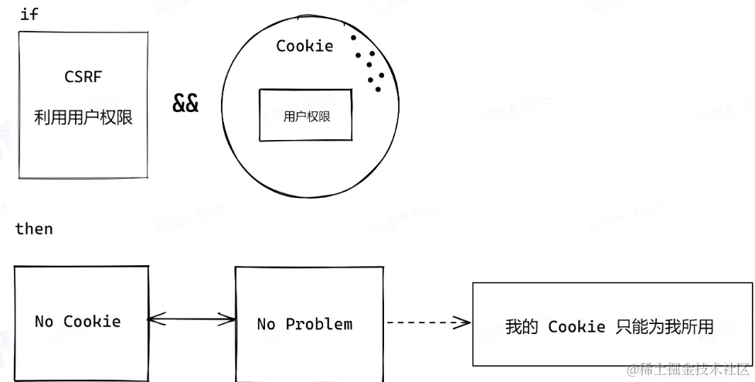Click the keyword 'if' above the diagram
coord(29,15)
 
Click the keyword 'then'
coord(34,229)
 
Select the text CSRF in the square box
coord(82,77)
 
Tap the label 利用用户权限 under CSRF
coord(83,118)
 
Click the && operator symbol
coord(185,104)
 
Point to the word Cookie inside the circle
coord(304,46)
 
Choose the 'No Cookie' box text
coord(77,321)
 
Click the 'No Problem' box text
coord(304,324)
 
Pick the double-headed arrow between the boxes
coord(192,318)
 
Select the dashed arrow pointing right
coord(427,322)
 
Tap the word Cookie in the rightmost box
coord(576,327)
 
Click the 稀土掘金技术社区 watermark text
coord(687,371)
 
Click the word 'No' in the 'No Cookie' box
coord(43,321)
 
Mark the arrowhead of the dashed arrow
coord(463,322)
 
